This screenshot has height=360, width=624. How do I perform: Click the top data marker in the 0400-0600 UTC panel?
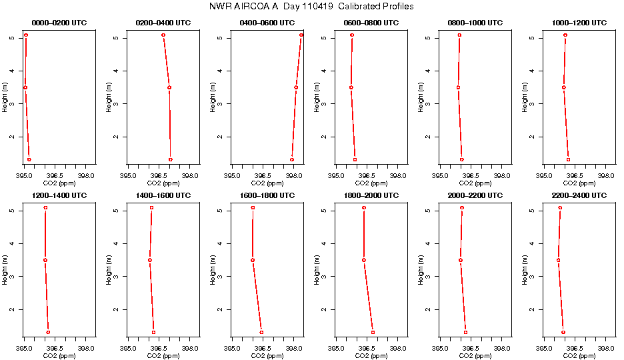pos(301,35)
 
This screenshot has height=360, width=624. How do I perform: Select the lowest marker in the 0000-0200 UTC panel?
pos(29,159)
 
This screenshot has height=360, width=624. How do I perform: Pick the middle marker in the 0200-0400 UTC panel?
pos(169,87)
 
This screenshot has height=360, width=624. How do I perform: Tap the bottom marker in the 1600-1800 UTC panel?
pos(261,332)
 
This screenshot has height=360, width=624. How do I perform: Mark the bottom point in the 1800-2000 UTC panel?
pos(373,332)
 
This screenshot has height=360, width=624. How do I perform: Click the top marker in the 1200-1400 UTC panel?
pos(45,208)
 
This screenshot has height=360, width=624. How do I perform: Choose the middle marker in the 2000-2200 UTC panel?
pos(461,260)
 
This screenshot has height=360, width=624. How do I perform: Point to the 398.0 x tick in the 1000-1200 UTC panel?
pos(606,176)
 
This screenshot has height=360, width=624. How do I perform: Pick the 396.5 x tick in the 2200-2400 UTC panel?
pos(575,348)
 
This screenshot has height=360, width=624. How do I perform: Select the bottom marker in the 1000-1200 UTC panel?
pos(568,159)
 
